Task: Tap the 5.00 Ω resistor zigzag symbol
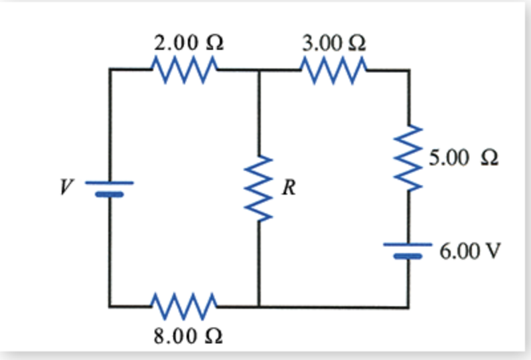point(408,159)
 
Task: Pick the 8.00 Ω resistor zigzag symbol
point(184,306)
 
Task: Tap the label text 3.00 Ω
point(333,44)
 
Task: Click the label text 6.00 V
point(469,252)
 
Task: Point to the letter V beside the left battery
point(66,188)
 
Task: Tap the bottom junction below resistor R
point(259,307)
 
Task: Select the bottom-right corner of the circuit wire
point(408,307)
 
